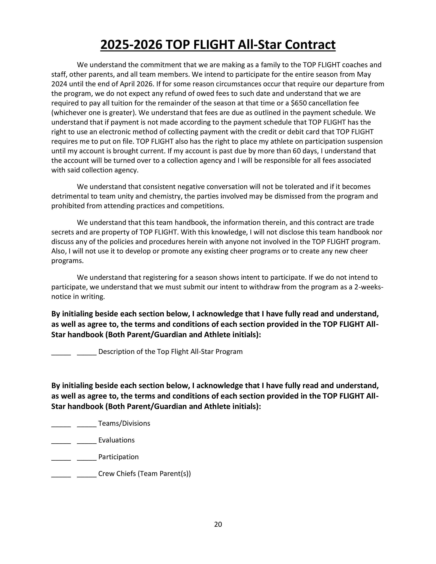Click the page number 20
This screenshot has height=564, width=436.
point(218,524)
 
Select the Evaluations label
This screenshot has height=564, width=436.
point(116,440)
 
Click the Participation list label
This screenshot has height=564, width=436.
point(118,457)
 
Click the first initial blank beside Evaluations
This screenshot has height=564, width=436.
point(61,442)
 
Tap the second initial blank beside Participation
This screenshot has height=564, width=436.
point(87,458)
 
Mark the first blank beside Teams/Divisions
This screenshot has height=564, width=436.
point(61,425)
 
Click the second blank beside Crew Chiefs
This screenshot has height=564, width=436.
point(87,475)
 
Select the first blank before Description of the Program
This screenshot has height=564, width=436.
point(61,353)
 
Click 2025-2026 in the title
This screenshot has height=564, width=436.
point(131,45)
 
